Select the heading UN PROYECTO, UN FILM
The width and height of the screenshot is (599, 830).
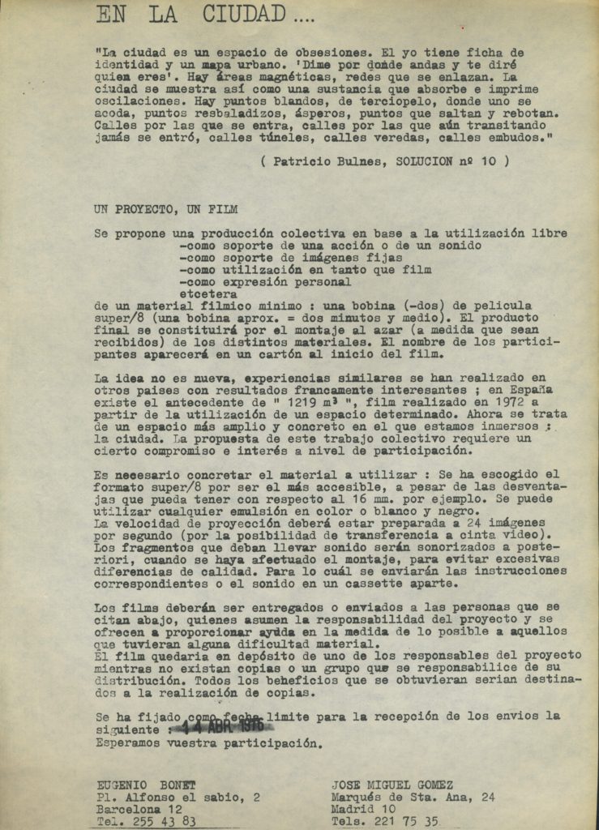pos(166,209)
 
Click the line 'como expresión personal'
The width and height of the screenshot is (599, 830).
pos(265,282)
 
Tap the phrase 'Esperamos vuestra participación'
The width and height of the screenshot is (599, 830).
pos(209,742)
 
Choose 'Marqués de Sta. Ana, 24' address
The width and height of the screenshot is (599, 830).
pos(413,797)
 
